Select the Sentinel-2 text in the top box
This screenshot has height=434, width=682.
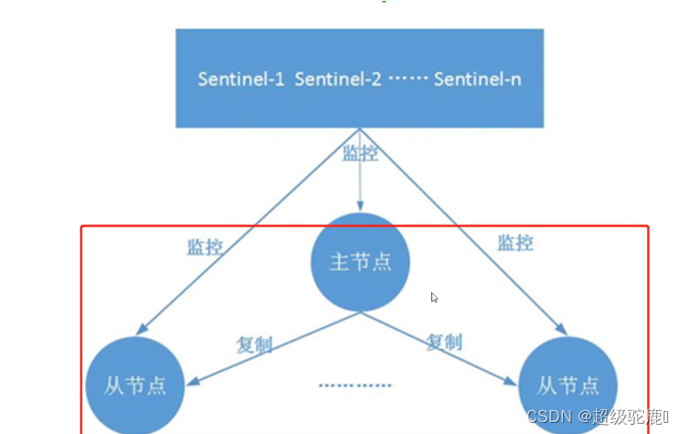point(338,78)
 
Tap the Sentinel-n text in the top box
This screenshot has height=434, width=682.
point(477,78)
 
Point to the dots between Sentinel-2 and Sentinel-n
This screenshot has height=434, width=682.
point(407,79)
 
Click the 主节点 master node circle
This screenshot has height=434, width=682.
point(360,262)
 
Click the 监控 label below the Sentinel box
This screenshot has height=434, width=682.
point(360,153)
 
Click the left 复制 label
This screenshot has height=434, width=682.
point(254,343)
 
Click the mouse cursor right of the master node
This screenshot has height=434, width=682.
point(434,298)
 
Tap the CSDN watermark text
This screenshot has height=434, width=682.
point(550,416)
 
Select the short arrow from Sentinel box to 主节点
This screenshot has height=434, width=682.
point(360,189)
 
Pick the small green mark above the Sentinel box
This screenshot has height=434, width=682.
point(383,3)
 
